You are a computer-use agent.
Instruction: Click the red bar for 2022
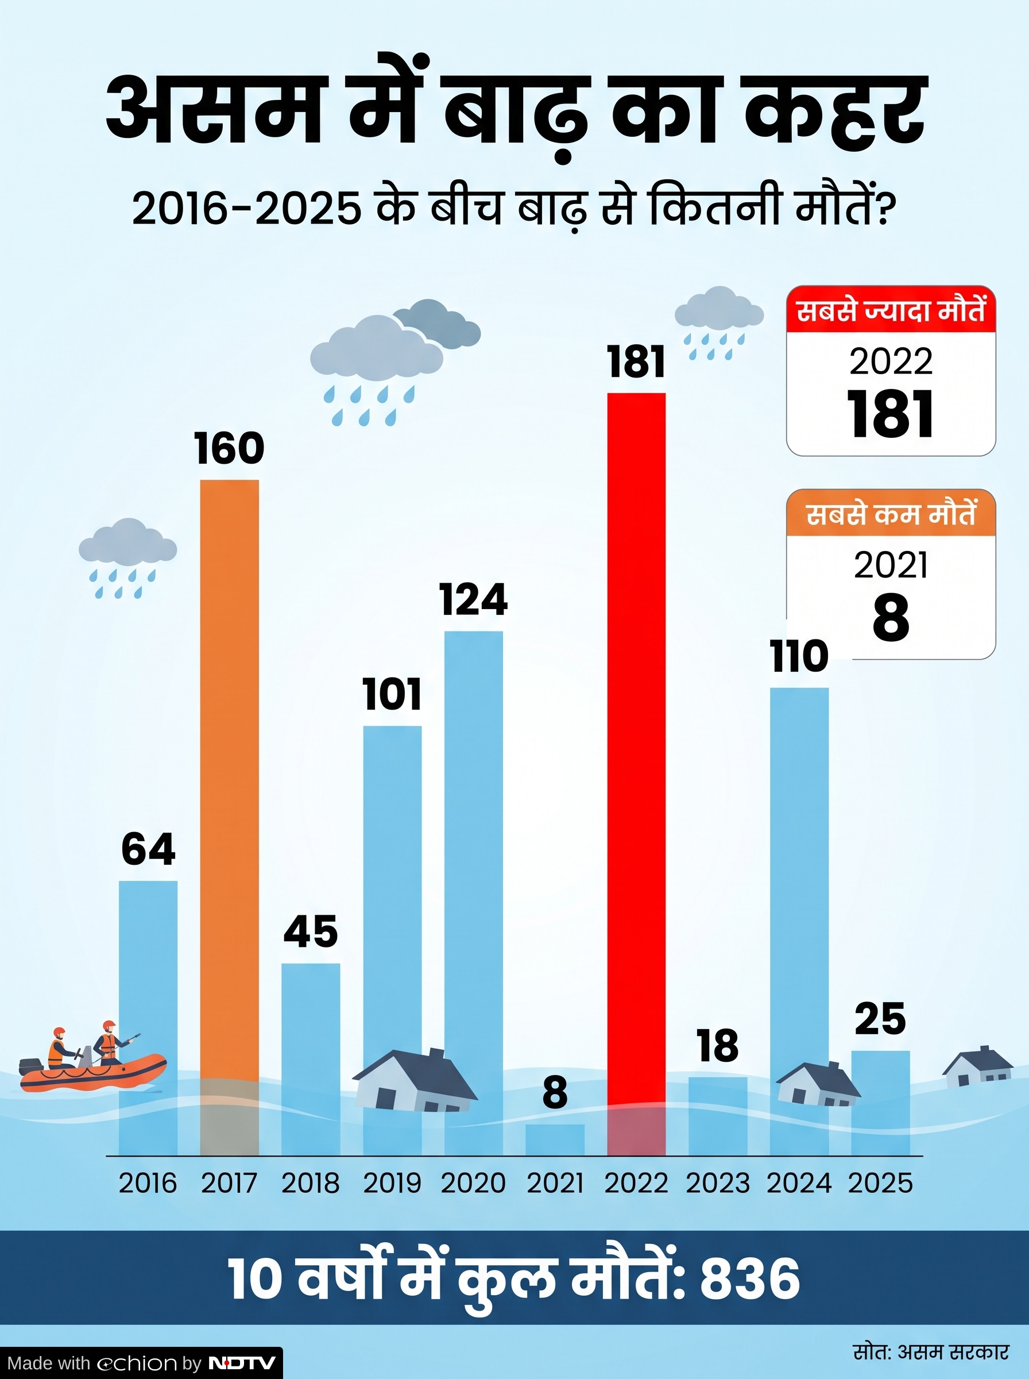click(x=636, y=774)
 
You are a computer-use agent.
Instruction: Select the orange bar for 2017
click(x=229, y=818)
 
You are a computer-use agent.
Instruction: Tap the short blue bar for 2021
click(x=555, y=1140)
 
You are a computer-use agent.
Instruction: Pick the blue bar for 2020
click(x=473, y=893)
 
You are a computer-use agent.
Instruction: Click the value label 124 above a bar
click(x=473, y=599)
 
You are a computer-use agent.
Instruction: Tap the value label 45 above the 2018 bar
click(x=311, y=931)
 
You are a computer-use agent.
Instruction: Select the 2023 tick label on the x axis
click(x=718, y=1183)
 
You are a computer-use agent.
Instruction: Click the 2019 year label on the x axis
click(x=392, y=1183)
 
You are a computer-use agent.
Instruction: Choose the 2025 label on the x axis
click(x=880, y=1183)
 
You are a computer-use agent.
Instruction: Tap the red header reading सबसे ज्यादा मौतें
click(x=891, y=310)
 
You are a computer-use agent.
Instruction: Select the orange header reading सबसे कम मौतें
click(x=891, y=514)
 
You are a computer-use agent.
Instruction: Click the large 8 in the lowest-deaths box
click(x=891, y=618)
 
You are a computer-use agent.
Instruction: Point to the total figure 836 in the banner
click(x=750, y=1278)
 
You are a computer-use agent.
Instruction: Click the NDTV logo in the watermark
click(x=242, y=1363)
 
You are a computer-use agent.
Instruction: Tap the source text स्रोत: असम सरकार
click(x=931, y=1351)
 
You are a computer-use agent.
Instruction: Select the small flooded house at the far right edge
click(x=977, y=1068)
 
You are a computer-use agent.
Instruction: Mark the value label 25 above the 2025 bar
click(x=880, y=1018)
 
